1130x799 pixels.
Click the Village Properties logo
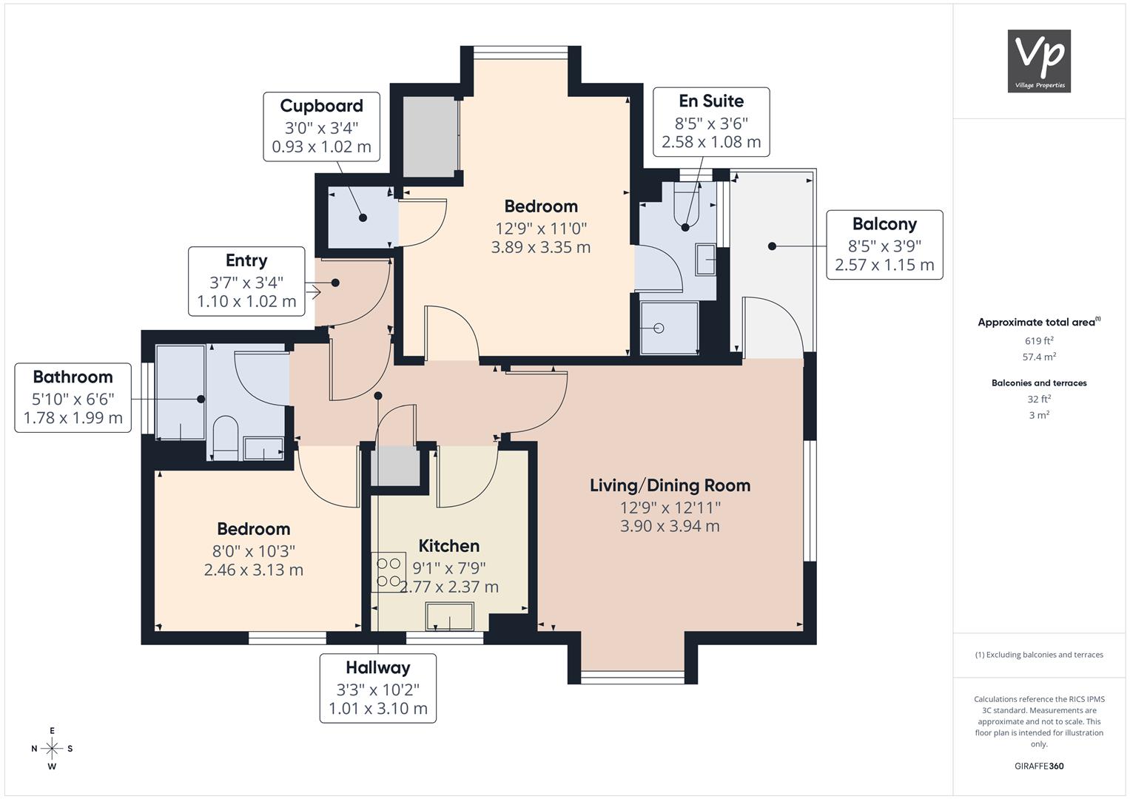pos(1039,61)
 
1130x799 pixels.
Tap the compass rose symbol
pos(52,748)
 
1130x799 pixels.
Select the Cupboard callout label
pos(321,127)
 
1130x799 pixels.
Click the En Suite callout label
pos(711,121)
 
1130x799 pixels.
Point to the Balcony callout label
pos(884,244)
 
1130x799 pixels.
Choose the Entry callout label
pos(246,281)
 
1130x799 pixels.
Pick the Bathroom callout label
pos(73,397)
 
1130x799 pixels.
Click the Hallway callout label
pos(377,688)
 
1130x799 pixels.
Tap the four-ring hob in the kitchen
pos(389,572)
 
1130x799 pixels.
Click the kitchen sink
pos(449,616)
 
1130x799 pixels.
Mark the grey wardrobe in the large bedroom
pos(429,136)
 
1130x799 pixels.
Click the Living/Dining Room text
pos(670,485)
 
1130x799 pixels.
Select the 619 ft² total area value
pos(1039,341)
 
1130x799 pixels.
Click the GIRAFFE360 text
pos(1039,766)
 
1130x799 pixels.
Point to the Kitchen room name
pos(448,546)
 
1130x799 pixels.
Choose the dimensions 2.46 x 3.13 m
pos(253,570)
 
